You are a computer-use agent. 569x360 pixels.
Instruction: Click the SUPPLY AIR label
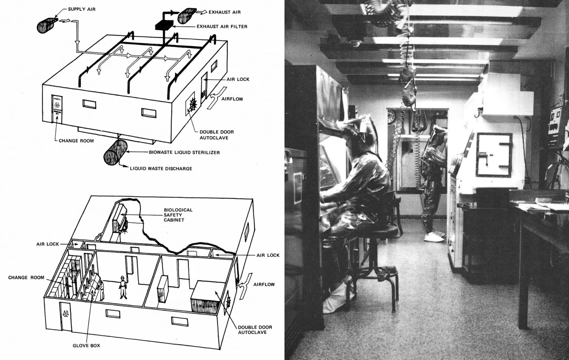coord(81,9)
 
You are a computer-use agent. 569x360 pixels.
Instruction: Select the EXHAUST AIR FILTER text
coord(222,27)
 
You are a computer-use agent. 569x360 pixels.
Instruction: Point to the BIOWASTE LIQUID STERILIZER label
coord(184,152)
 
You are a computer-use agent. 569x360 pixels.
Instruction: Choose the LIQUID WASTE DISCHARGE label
coord(161,169)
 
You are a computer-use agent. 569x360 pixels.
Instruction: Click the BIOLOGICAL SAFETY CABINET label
coord(178,215)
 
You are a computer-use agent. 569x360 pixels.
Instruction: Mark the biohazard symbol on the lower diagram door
coord(66,314)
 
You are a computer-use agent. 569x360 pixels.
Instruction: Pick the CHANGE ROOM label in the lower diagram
coord(26,277)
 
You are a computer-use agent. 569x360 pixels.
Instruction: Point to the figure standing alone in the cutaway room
coord(122,287)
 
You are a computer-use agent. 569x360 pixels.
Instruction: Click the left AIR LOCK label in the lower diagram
coord(47,244)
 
